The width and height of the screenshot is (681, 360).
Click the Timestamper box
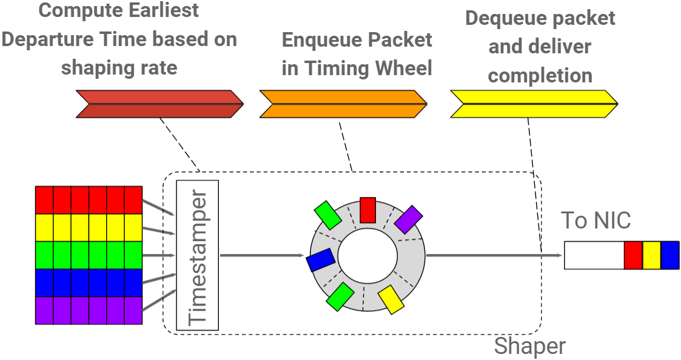197,255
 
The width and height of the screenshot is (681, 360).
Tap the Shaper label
529,346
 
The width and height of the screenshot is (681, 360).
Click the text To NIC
595,220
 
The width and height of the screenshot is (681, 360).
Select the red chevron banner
159,104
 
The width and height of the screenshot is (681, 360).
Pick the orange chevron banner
343,104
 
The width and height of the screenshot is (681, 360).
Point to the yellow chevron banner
534,104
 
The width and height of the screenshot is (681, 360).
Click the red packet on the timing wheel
367,210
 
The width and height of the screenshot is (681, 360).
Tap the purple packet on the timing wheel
408,219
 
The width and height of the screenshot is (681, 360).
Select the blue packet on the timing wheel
321,260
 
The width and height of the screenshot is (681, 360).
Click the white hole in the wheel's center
367,255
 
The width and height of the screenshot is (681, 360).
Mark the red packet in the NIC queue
633,255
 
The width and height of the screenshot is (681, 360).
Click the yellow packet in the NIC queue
651,255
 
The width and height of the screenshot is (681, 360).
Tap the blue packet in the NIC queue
670,255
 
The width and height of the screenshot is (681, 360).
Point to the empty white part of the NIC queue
594,255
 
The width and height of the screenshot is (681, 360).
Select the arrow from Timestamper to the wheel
261,255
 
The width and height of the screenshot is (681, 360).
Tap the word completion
540,76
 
